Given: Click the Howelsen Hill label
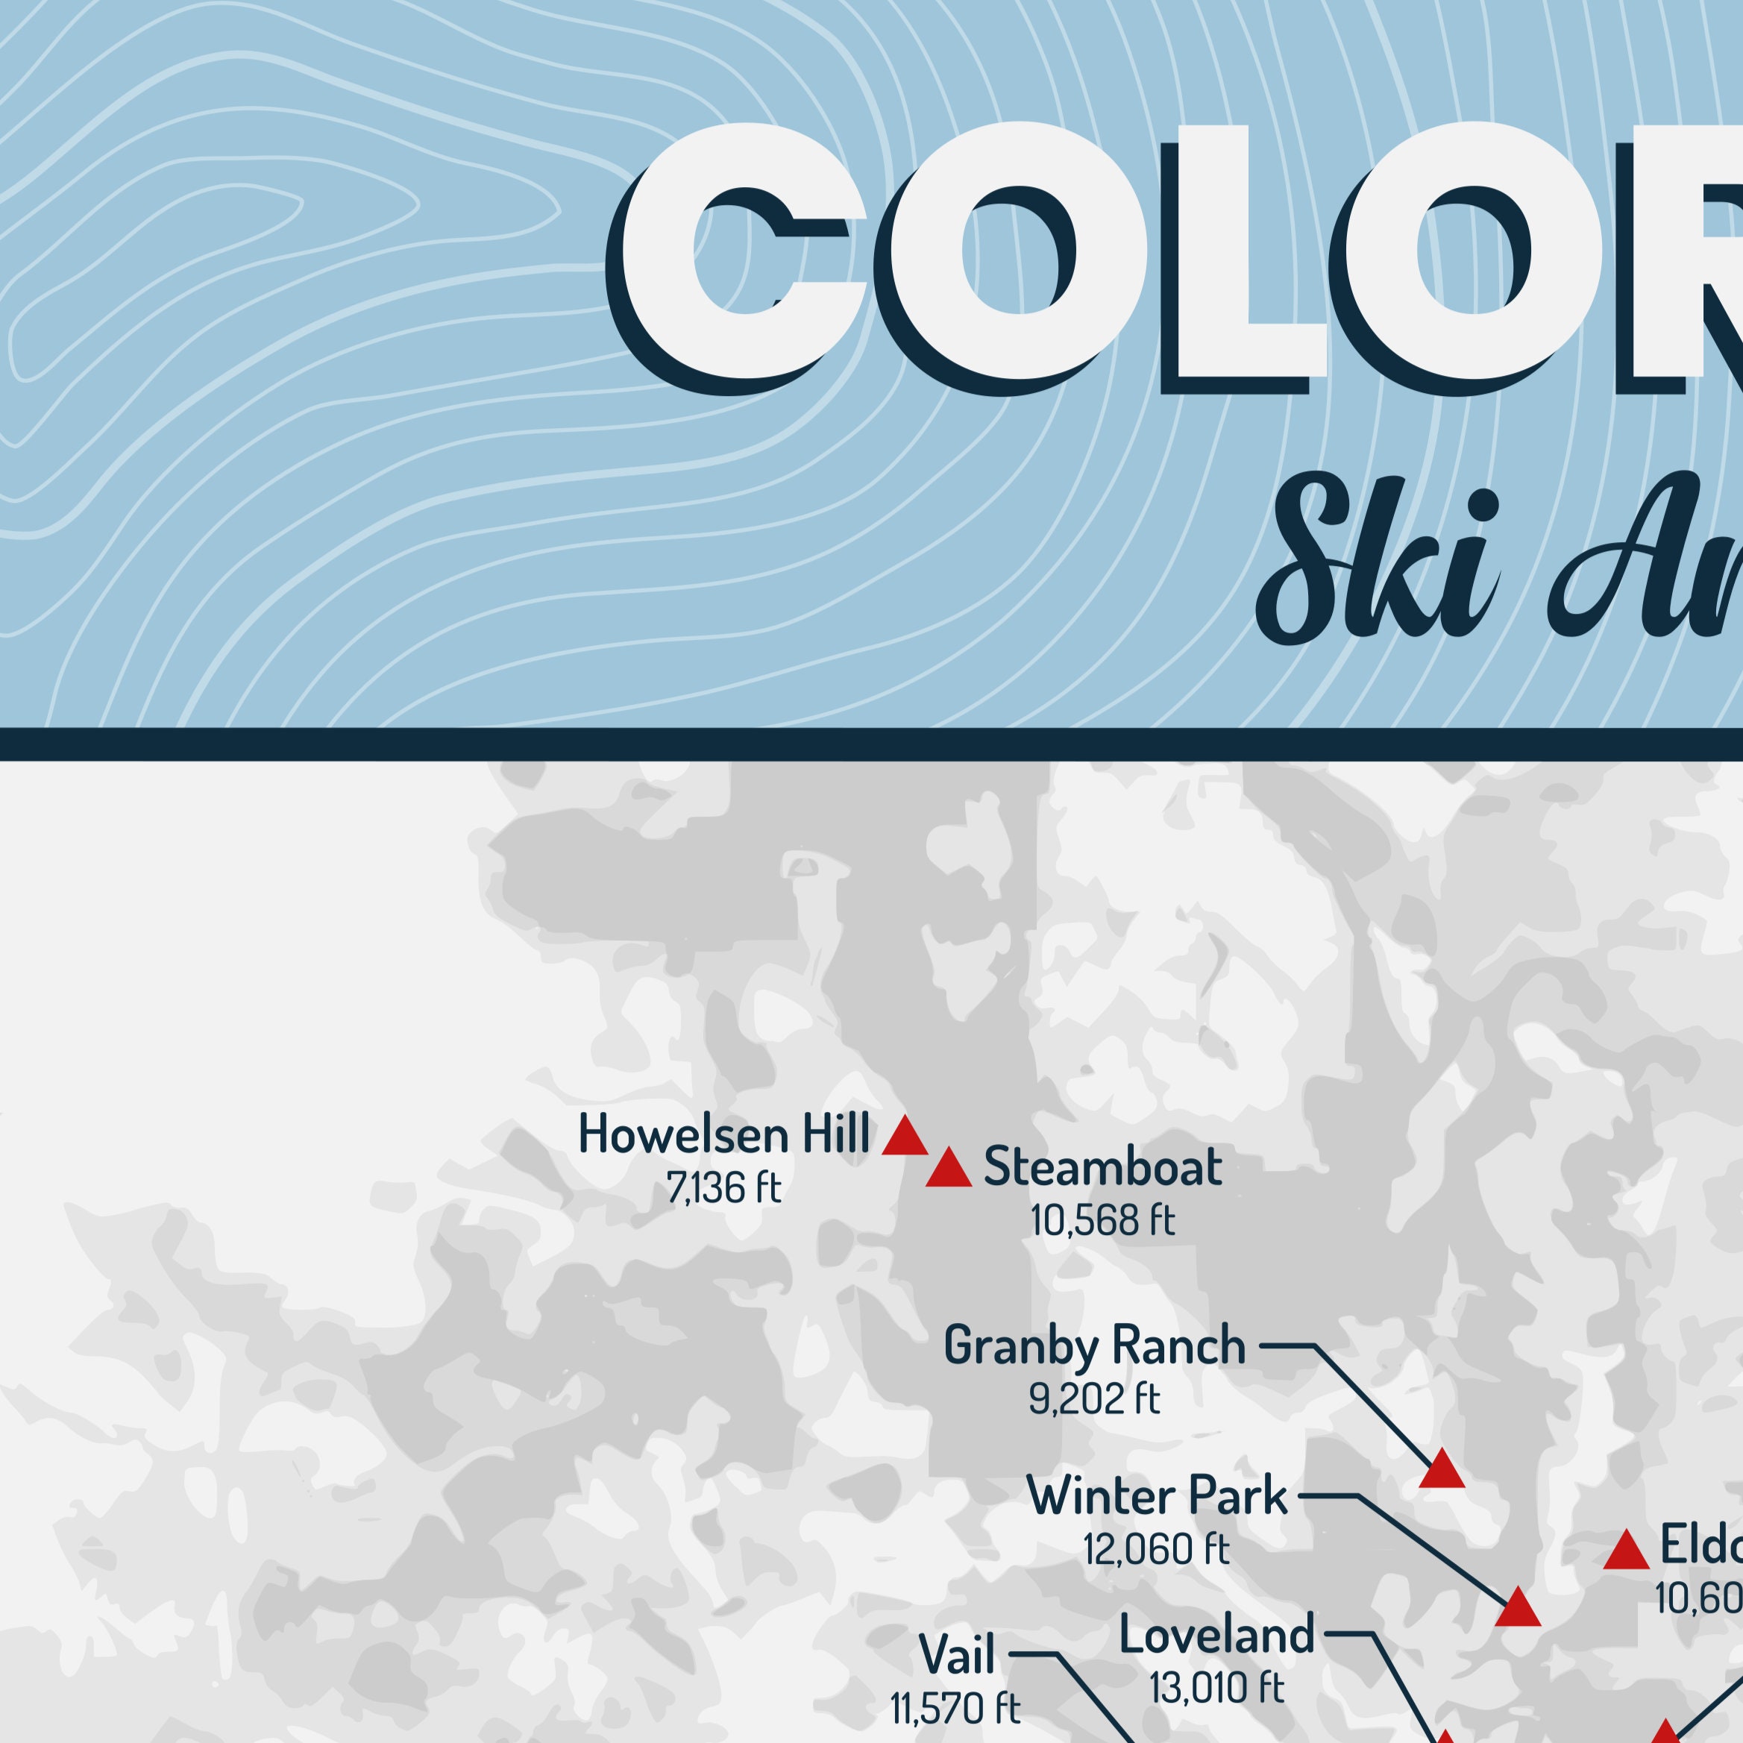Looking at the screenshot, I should coord(723,1134).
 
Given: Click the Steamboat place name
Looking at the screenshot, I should coord(1102,1166).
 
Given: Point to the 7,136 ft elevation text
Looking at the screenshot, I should coord(723,1188).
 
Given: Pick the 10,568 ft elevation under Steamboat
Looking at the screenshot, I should coord(1102,1221).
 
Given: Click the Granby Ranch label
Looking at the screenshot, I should coord(1094,1346).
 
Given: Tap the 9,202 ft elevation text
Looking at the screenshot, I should coord(1093,1398).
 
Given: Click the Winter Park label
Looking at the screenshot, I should coord(1158,1497).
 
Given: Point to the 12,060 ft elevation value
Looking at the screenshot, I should coord(1157,1550).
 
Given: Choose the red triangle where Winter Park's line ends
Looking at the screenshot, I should coord(1518,1609).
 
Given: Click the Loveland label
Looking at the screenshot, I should coord(1216,1635).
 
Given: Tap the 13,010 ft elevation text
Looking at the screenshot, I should coord(1216,1687).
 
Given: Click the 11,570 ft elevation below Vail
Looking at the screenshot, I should coord(955,1708).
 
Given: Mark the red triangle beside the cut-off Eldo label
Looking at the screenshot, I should coord(1626,1551).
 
